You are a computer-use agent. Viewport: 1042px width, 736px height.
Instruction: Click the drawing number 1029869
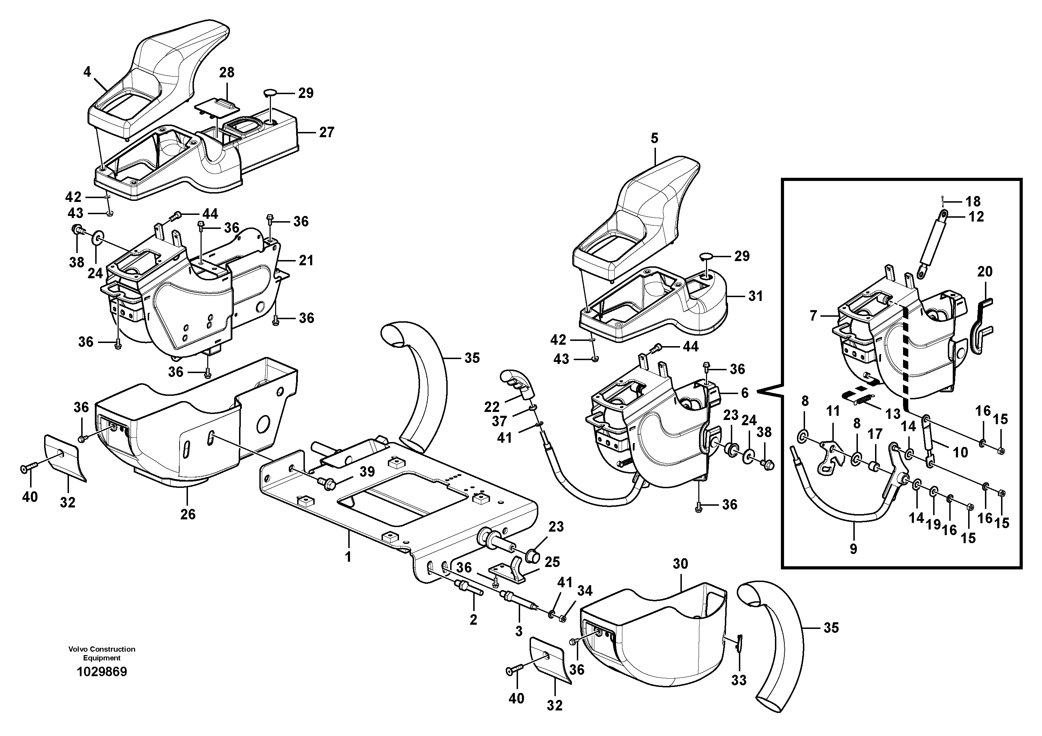coord(102,672)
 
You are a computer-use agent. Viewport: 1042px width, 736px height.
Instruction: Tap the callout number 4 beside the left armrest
coord(87,71)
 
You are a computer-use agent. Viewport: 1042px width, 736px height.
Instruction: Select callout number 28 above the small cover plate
coord(227,72)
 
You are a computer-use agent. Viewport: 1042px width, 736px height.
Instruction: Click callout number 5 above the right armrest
coord(654,138)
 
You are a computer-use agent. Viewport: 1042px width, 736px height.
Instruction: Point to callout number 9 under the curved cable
coord(853,549)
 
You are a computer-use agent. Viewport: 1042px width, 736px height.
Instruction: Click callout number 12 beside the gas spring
coord(976,217)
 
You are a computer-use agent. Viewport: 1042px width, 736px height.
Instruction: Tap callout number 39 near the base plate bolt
coord(367,471)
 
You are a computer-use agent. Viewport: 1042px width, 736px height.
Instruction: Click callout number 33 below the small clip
coord(739,680)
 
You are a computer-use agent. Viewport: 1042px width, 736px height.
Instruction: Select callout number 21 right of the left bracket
coord(306,260)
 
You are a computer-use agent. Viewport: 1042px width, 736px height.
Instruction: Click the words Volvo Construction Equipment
coord(102,653)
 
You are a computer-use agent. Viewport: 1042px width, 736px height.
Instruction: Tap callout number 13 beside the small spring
coord(893,414)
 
